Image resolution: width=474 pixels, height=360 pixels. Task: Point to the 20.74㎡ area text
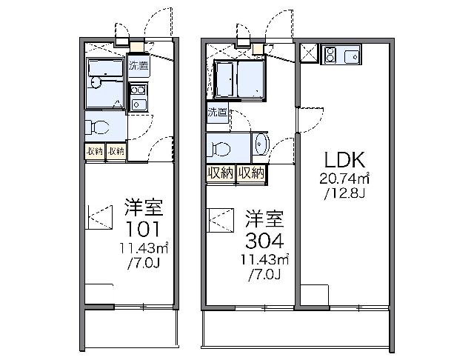pyautogui.click(x=345, y=180)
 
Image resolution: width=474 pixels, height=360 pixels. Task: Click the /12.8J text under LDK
pyautogui.click(x=345, y=194)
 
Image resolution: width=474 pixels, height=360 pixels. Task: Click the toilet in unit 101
pyautogui.click(x=93, y=125)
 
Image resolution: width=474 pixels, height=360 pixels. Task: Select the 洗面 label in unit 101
pyautogui.click(x=138, y=65)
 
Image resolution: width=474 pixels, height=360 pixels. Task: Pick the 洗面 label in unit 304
pyautogui.click(x=217, y=113)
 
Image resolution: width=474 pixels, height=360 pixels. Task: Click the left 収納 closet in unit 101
pyautogui.click(x=94, y=151)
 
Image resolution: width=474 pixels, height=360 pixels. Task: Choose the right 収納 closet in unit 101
pyautogui.click(x=116, y=151)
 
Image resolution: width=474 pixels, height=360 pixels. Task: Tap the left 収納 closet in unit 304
pyautogui.click(x=220, y=173)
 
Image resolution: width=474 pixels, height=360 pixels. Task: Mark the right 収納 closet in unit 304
pyautogui.click(x=251, y=173)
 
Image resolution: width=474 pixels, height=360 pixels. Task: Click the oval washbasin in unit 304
pyautogui.click(x=260, y=144)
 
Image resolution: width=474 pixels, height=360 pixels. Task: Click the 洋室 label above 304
pyautogui.click(x=263, y=219)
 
